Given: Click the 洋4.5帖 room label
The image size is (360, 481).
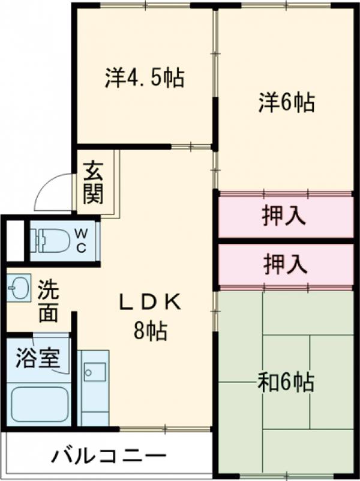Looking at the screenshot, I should pos(144,78).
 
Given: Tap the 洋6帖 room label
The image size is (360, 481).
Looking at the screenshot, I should pos(286,103).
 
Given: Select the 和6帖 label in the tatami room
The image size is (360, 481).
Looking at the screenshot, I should pos(286,382).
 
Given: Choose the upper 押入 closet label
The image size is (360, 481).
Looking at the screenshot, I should pos(285,216).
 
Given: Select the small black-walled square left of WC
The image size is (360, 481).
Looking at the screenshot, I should pos(15,240).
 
